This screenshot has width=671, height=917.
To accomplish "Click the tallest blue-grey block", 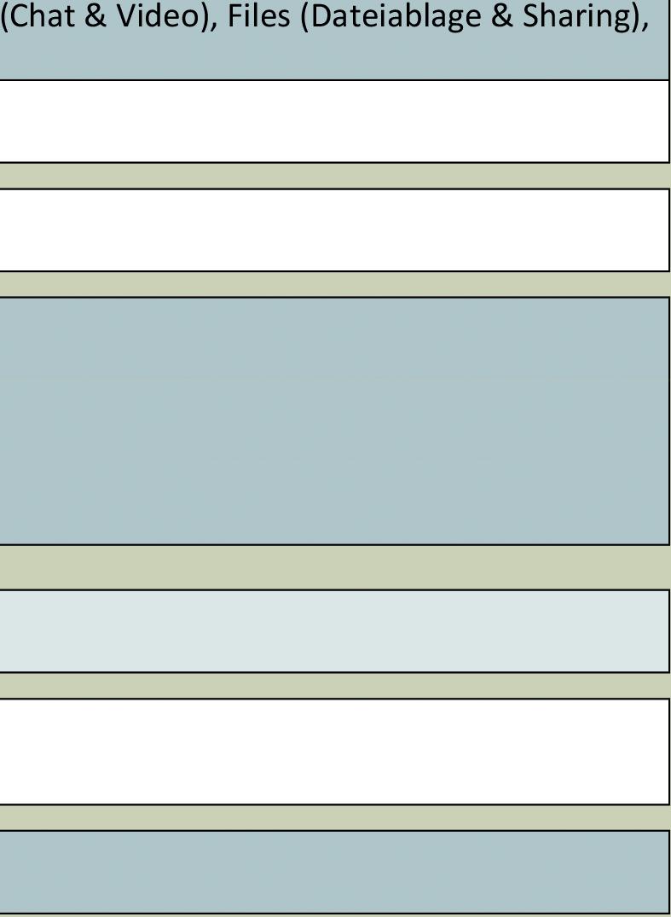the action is pyautogui.click(x=334, y=421).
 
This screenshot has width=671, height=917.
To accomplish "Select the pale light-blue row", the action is pyautogui.click(x=334, y=630).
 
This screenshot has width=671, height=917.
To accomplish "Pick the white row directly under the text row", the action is pyautogui.click(x=334, y=121).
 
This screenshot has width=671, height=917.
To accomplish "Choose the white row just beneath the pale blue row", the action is pyautogui.click(x=334, y=751).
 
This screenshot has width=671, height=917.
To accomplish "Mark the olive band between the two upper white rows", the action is pyautogui.click(x=334, y=176).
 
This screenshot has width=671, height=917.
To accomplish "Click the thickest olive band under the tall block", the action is pyautogui.click(x=334, y=566).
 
